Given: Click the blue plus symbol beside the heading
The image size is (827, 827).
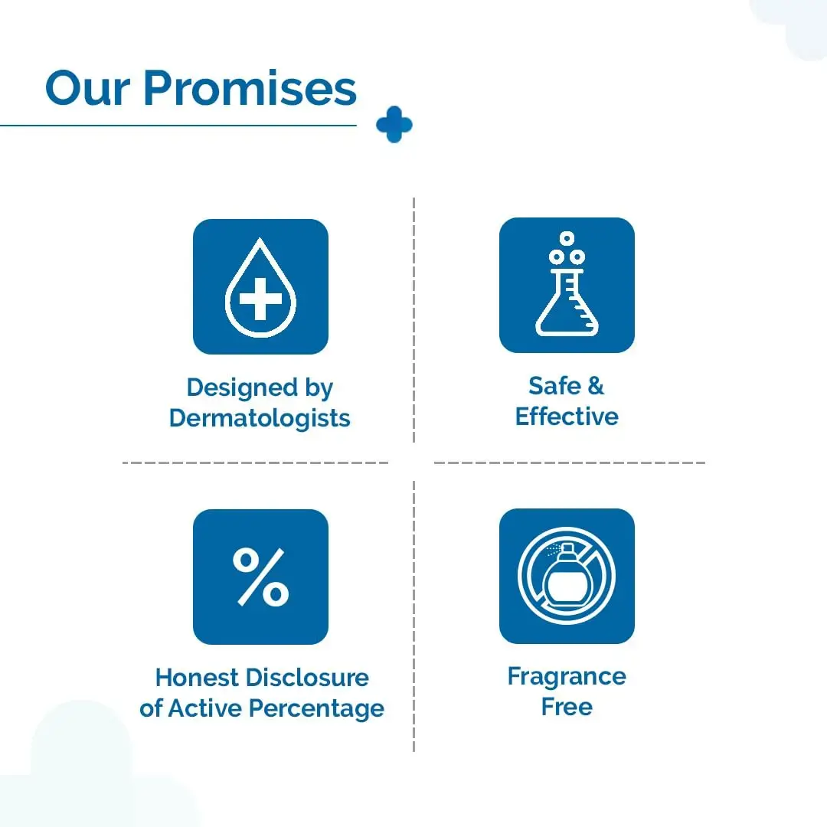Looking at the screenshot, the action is [x=394, y=125].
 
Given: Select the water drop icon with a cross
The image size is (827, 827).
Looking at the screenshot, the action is [x=260, y=286].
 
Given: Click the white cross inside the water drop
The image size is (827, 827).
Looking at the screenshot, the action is [x=260, y=299].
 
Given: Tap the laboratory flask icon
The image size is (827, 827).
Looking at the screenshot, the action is [x=567, y=285].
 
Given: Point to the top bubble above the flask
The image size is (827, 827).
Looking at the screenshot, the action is [x=567, y=238].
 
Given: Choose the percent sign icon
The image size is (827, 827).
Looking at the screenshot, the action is [x=260, y=577].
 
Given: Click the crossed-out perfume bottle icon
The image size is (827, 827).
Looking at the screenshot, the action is [x=567, y=576].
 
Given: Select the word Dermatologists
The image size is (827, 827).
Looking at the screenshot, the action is [x=260, y=418].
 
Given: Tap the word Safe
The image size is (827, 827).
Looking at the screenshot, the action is [x=555, y=385].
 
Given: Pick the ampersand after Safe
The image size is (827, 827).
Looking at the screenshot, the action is [x=596, y=385].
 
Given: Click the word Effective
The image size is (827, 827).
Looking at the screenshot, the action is [x=567, y=416].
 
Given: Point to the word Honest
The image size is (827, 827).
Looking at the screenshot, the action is [x=198, y=678].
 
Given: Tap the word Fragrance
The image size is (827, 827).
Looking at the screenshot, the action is [x=567, y=677].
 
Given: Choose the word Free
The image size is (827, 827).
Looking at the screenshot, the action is [x=567, y=707].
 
